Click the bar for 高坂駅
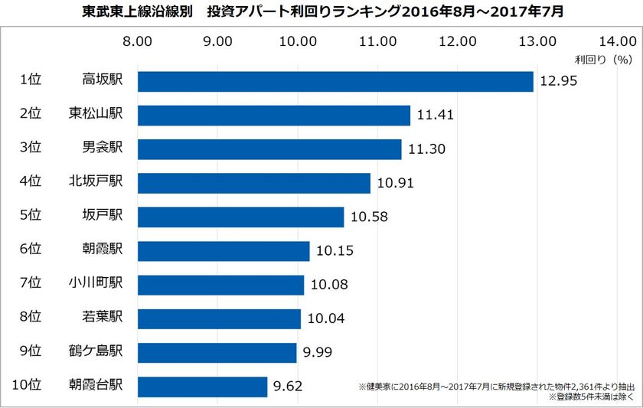(x=335, y=81)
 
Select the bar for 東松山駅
(x=273, y=115)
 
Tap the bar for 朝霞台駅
(x=202, y=386)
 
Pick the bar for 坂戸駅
(x=240, y=217)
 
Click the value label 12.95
(x=558, y=81)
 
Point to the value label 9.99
(x=321, y=352)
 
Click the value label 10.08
(x=329, y=285)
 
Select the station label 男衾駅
(x=108, y=149)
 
